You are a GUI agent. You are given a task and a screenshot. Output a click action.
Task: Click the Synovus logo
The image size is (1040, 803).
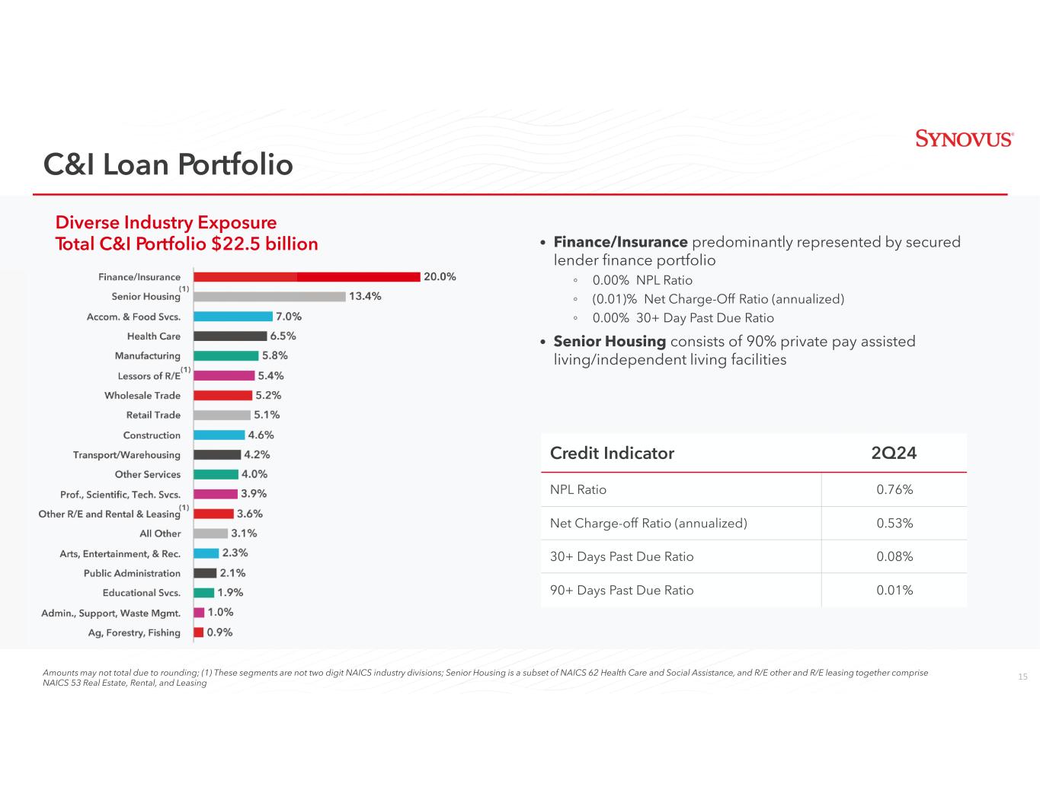[x=964, y=139]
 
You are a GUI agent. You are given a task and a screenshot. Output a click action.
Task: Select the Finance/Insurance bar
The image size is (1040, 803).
[x=307, y=277]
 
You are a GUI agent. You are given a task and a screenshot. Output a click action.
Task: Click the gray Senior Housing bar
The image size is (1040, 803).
[x=270, y=297]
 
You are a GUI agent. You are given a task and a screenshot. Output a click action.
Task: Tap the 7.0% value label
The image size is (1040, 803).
[x=289, y=317]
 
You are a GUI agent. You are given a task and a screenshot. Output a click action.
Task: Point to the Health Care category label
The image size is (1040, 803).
[x=154, y=336]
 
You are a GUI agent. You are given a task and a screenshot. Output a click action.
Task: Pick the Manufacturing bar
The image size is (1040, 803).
[x=226, y=355]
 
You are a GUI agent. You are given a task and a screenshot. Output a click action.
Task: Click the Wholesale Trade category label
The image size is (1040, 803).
[x=142, y=396]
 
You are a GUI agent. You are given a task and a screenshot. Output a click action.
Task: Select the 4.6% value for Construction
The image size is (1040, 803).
[x=261, y=435]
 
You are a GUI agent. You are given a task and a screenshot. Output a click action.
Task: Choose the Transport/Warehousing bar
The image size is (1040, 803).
[x=217, y=455]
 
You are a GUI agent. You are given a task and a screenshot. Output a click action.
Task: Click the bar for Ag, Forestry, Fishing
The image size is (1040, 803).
[x=199, y=633]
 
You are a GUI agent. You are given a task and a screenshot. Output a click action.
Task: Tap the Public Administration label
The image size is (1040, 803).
[x=132, y=573]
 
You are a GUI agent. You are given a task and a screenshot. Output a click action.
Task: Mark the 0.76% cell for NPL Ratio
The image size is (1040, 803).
[x=894, y=489]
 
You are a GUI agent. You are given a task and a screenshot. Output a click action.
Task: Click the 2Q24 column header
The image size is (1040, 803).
[x=894, y=454]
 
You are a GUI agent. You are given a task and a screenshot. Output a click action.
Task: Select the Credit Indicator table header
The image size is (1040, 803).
[x=612, y=454]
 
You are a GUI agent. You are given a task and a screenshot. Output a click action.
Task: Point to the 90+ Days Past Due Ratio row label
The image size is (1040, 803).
[x=622, y=591]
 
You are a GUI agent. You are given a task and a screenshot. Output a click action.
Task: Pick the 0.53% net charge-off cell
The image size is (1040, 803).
[x=894, y=524]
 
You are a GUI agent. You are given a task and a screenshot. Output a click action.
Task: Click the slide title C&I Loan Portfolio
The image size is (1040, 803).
[x=168, y=164]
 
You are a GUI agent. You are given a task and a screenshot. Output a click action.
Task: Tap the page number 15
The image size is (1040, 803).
[x=1022, y=677]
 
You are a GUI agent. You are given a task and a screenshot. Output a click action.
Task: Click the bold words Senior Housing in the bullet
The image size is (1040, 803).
[x=610, y=342]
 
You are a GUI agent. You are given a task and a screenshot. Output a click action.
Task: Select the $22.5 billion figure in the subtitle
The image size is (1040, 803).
[x=264, y=244]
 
